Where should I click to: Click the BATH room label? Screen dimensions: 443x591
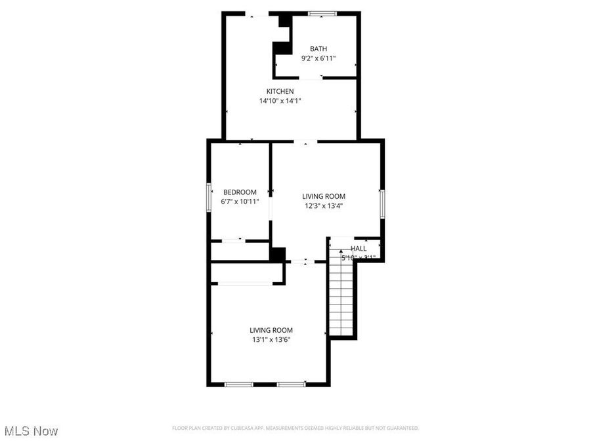tap(318, 49)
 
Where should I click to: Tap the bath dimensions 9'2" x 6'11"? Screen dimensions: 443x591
tap(318, 58)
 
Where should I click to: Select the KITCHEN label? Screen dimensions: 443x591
tap(280, 91)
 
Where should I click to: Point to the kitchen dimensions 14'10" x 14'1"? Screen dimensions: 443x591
tap(280, 100)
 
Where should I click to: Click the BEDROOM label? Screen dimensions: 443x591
tap(240, 192)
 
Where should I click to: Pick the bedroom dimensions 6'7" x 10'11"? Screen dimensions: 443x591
tap(240, 201)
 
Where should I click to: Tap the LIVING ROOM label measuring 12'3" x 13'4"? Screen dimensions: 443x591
tap(323, 196)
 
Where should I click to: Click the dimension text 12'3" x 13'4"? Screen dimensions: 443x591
tap(323, 205)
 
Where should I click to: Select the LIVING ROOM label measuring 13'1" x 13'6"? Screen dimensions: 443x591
tap(271, 330)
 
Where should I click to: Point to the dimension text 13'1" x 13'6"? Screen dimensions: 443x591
tap(271, 339)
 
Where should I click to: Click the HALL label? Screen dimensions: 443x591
tap(359, 249)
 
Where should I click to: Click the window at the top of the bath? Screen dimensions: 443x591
tap(323, 13)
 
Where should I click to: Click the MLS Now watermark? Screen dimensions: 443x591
tap(31, 431)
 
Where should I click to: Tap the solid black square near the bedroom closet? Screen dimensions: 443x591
tap(278, 254)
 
